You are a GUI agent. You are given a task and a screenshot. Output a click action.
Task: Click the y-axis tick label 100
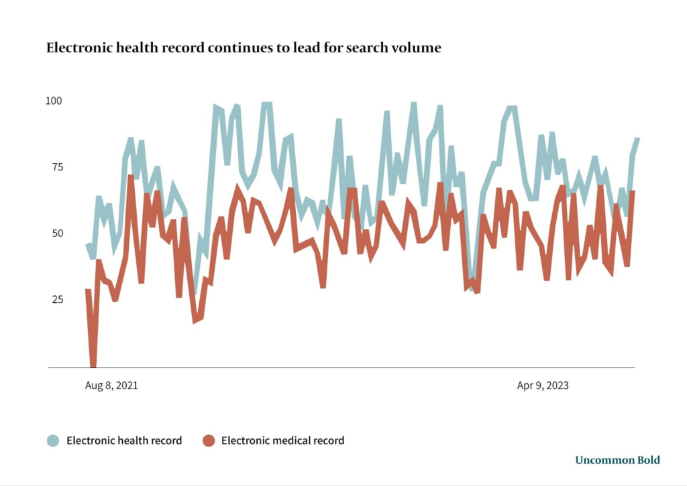click(54, 101)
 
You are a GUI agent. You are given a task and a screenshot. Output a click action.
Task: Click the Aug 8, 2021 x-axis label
click(111, 386)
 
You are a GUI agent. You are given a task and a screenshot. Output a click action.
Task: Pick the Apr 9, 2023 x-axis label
click(542, 386)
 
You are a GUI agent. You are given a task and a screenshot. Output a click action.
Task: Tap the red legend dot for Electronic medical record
click(209, 441)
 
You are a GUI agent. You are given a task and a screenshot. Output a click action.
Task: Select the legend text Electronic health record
click(124, 441)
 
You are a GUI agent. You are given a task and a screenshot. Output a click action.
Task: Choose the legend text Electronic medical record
click(282, 441)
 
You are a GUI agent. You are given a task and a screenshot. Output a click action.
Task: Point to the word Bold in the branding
click(649, 460)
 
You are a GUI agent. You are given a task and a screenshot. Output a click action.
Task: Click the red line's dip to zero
click(93, 366)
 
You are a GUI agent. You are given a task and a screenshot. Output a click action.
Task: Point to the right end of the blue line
click(637, 138)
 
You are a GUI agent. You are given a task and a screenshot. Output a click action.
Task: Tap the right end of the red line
click(633, 192)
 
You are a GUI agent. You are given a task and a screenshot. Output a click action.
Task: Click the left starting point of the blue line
click(88, 245)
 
